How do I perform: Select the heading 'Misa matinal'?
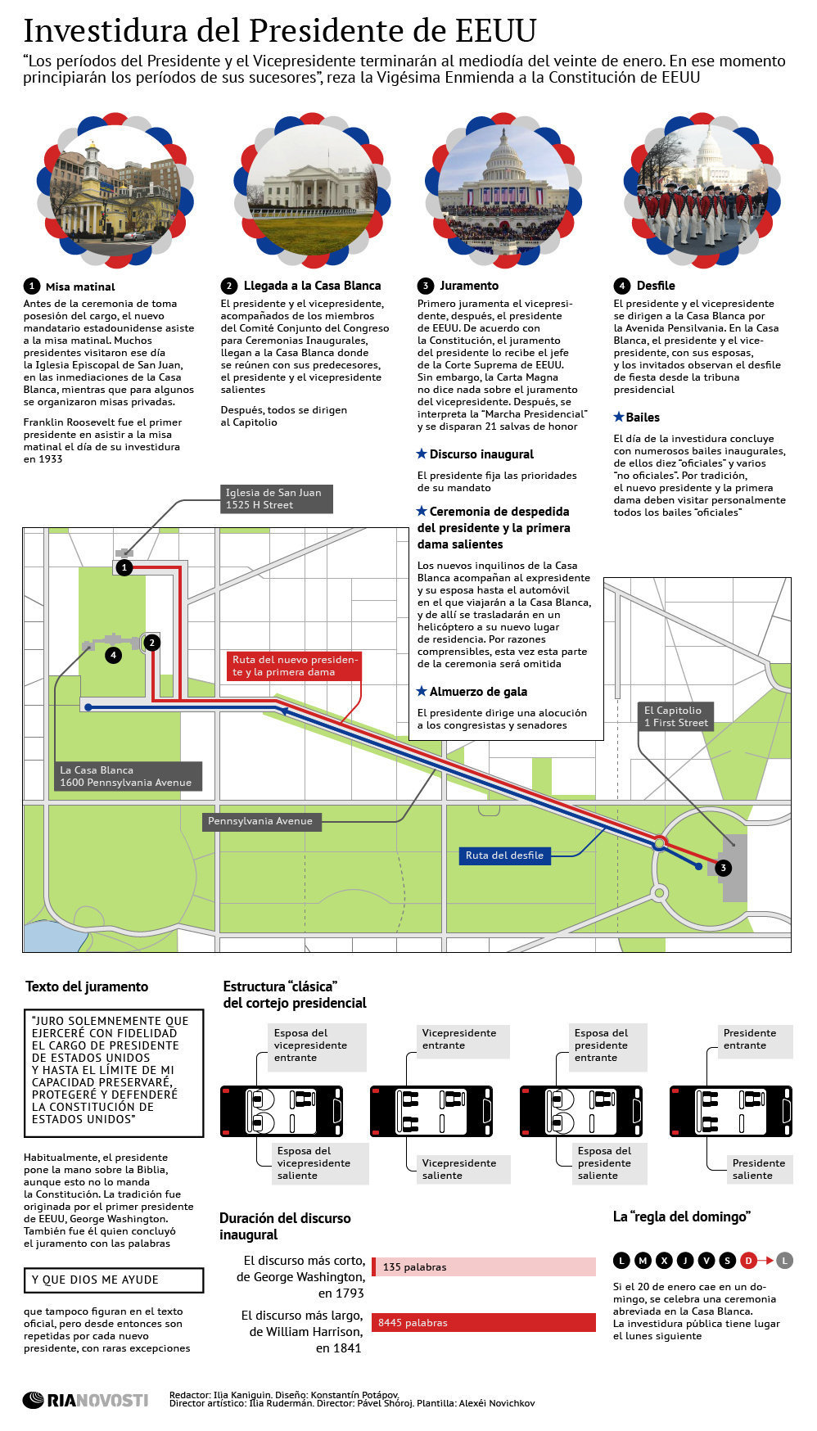coord(80,287)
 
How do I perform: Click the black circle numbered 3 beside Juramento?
coord(425,286)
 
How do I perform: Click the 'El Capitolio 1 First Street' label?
coord(675,716)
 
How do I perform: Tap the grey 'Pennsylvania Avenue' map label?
coord(260,821)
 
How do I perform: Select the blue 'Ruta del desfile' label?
coord(504,855)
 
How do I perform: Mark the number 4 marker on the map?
coord(113,655)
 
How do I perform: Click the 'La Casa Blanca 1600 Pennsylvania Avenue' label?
coord(126,776)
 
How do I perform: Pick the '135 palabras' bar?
coord(484,1266)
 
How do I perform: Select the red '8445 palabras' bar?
coord(484,1322)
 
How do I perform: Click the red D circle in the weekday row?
coord(747,1260)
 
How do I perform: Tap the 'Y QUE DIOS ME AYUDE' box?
coord(114,1280)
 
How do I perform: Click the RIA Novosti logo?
coord(85,1400)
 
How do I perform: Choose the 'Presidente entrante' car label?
coord(755,1040)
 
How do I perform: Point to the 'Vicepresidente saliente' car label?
coord(459,1169)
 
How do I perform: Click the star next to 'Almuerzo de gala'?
coord(422,692)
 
